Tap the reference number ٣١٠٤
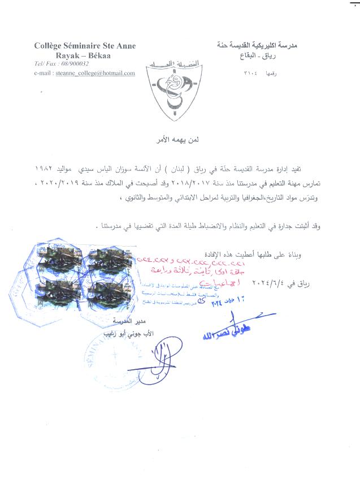(251, 74)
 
